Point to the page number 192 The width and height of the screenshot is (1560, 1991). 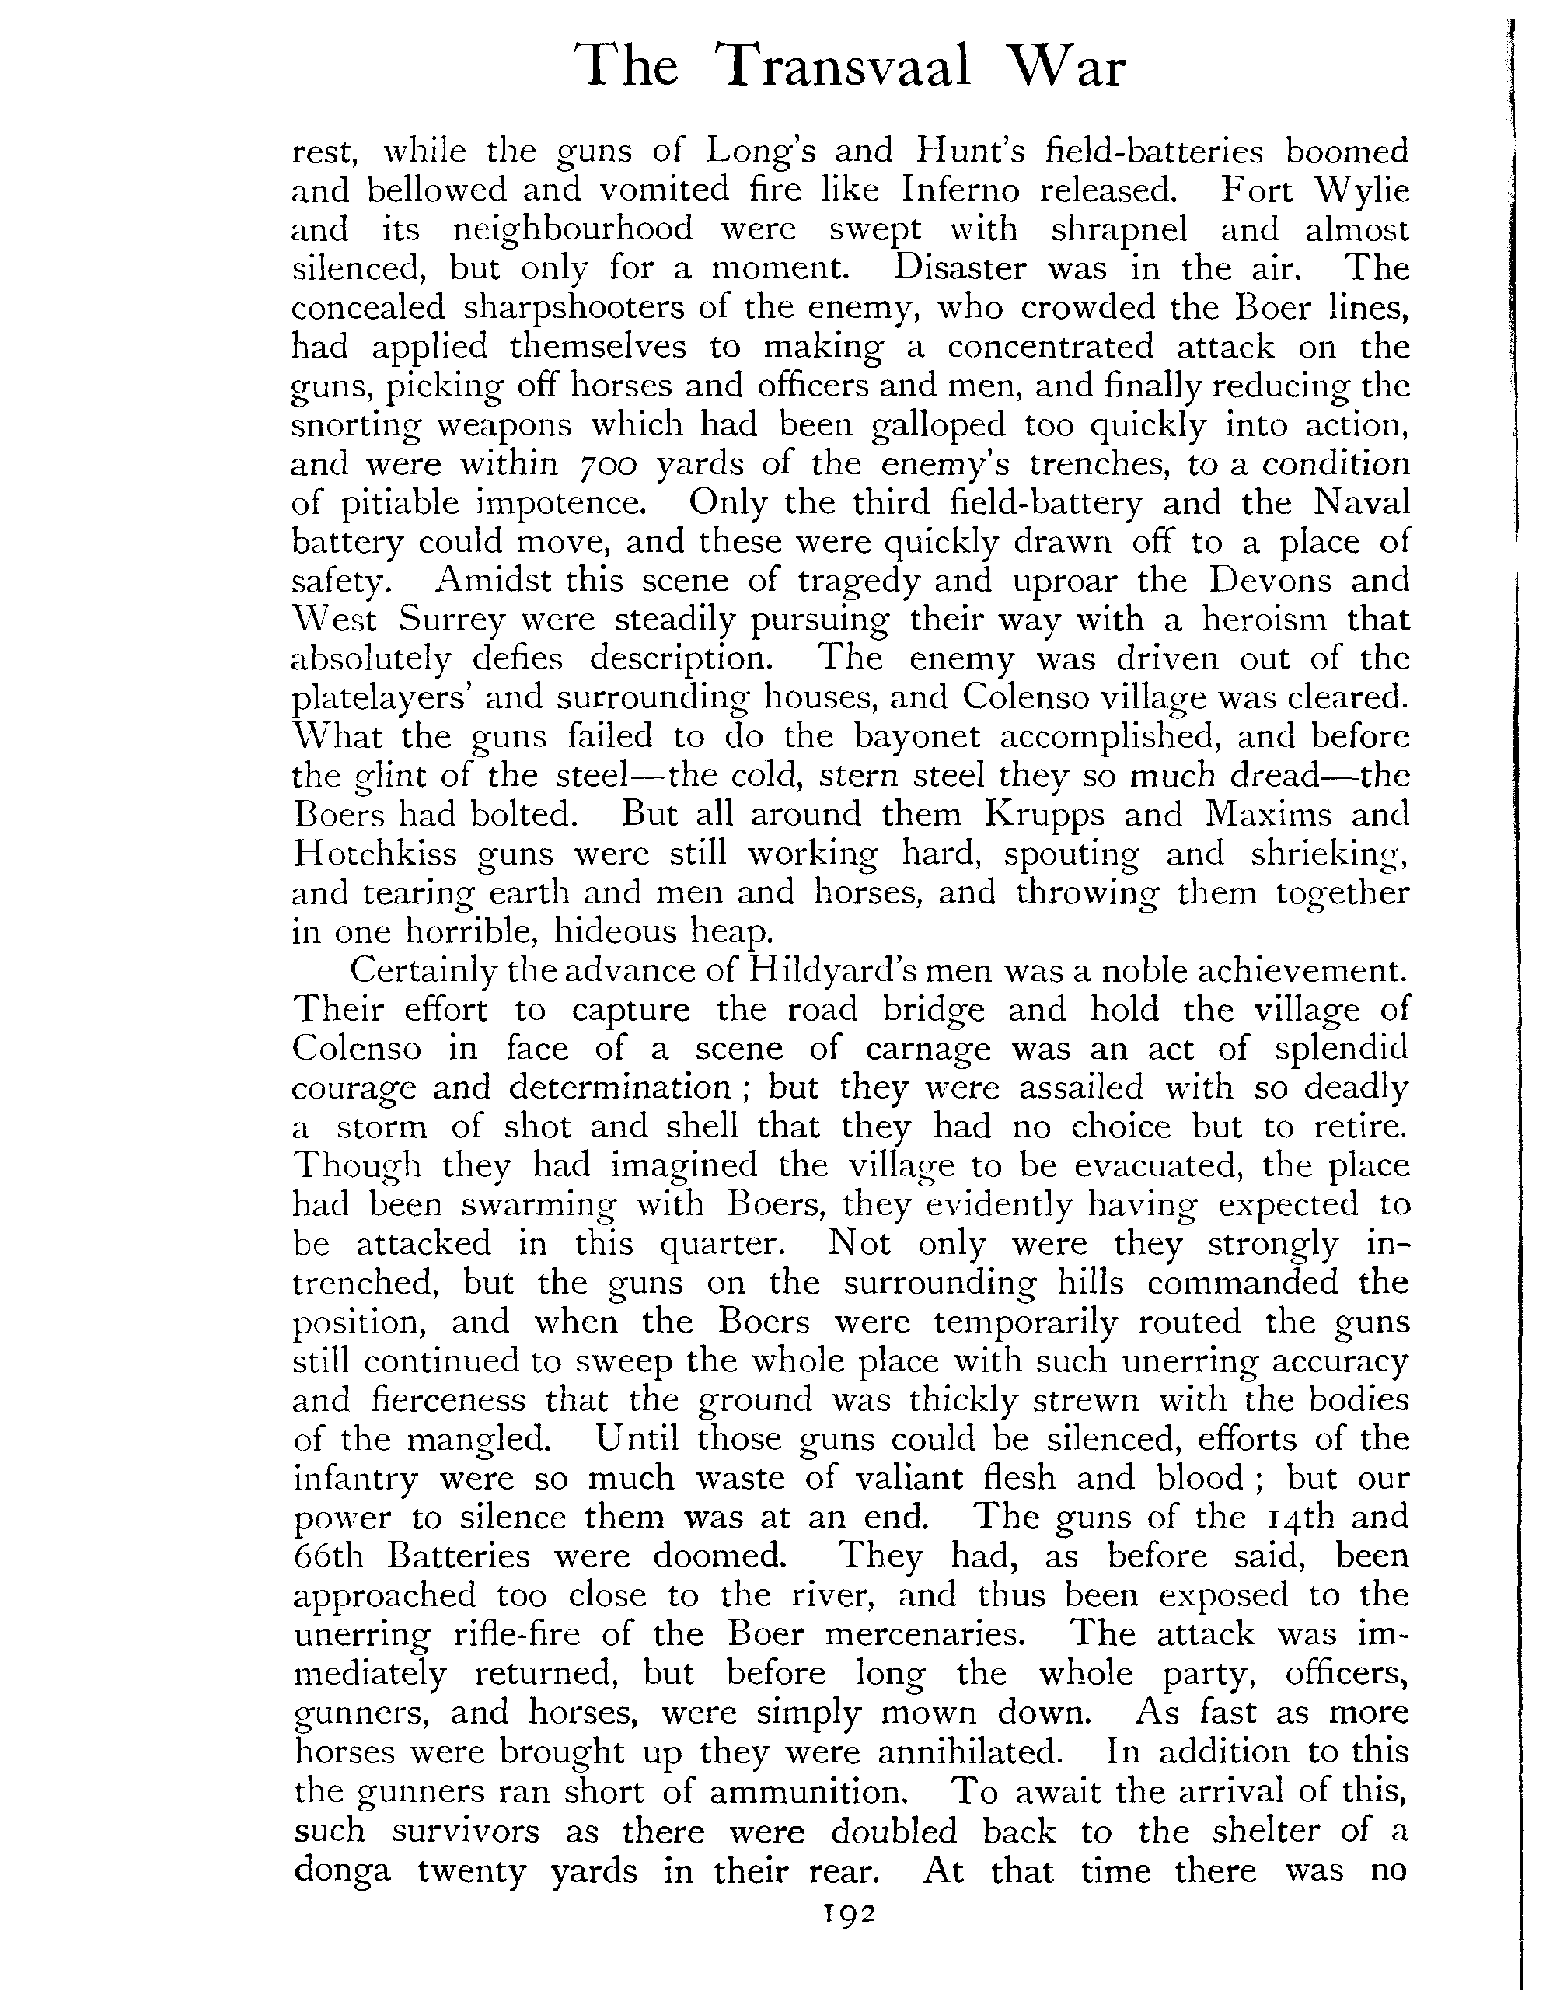pos(849,1940)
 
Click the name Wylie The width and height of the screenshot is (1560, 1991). pos(1361,190)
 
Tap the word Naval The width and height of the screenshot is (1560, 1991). pos(1365,502)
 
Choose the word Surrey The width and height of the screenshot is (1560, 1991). pos(452,620)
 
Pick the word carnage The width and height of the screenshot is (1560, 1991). pos(927,1050)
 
